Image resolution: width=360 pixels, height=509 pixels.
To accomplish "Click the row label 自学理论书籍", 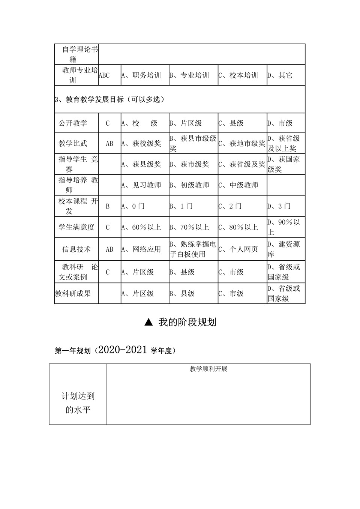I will (76, 54).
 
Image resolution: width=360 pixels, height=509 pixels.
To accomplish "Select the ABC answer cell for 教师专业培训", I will (104, 75).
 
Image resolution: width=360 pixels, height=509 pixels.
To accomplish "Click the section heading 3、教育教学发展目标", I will (109, 99).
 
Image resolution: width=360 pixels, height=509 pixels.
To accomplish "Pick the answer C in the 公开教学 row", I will (108, 123).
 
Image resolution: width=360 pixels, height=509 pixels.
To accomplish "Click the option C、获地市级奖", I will (242, 143).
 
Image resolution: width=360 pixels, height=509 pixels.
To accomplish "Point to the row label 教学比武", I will (73, 143).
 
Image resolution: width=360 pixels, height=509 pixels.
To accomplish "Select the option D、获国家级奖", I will (284, 164).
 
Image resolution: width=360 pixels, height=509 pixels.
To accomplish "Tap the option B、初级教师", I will (189, 185).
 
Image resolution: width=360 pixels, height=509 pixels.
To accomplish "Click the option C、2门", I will (230, 206).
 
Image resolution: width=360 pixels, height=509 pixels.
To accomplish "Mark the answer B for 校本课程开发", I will (108, 206).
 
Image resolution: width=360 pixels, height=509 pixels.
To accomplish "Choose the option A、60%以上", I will (141, 227).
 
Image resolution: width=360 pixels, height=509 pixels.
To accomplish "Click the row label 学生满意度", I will (76, 227).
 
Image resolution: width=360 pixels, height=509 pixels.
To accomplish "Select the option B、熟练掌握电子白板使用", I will (193, 249).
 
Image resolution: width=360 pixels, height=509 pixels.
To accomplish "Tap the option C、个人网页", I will (238, 249).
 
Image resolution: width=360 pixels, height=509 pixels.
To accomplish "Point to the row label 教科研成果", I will (73, 293).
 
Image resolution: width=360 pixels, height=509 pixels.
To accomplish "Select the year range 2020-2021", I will (122, 350).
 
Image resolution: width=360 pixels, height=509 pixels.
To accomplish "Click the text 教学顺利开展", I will (208, 369).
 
